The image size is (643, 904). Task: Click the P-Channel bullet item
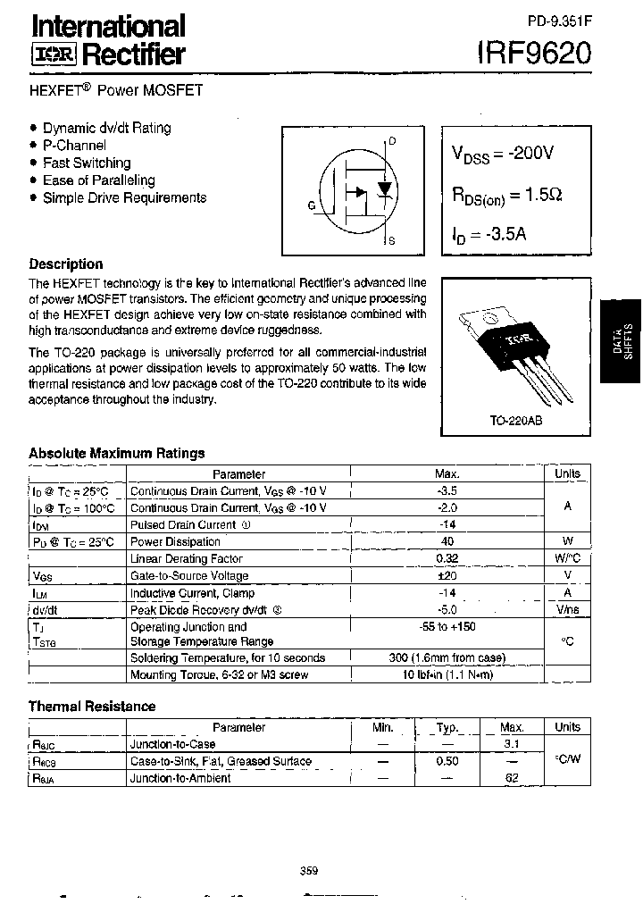click(x=74, y=146)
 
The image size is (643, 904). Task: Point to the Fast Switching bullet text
click(x=87, y=163)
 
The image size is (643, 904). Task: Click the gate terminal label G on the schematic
click(x=312, y=205)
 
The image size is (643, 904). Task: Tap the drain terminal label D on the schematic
click(x=393, y=141)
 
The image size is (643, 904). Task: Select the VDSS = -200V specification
click(x=503, y=154)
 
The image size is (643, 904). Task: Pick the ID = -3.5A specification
click(x=489, y=236)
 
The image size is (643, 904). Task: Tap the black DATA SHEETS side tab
click(x=621, y=339)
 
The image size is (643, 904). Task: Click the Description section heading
click(x=66, y=264)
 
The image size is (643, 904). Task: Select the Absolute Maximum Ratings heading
click(x=117, y=453)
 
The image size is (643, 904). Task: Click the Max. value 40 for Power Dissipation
click(x=447, y=541)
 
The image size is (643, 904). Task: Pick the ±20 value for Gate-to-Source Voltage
click(x=447, y=576)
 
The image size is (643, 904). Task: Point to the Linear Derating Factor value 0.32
click(x=447, y=558)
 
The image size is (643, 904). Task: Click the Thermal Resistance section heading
click(x=92, y=707)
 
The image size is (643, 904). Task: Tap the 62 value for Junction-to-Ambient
click(x=512, y=778)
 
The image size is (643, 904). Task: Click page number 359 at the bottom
click(x=310, y=871)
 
